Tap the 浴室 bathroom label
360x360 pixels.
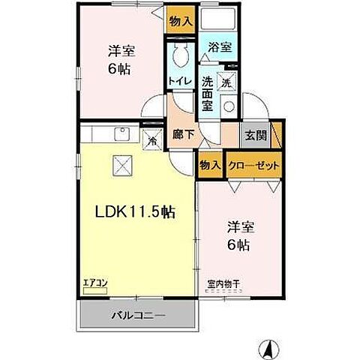(220, 46)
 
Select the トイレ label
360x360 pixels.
(179, 80)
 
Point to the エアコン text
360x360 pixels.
(96, 283)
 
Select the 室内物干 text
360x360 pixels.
(223, 283)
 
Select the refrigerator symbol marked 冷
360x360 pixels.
(151, 139)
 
